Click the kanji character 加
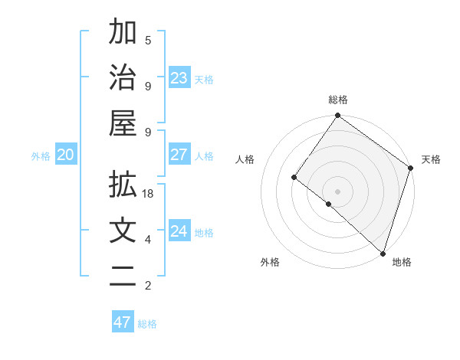pyautogui.click(x=123, y=33)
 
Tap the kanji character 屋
pyautogui.click(x=123, y=123)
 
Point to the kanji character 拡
pyautogui.click(x=123, y=186)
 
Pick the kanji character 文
pyautogui.click(x=123, y=231)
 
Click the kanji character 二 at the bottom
pyautogui.click(x=123, y=278)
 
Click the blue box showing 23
pyautogui.click(x=179, y=78)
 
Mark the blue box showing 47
pyautogui.click(x=123, y=322)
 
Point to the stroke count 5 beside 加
pyautogui.click(x=148, y=40)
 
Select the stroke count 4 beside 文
pyautogui.click(x=148, y=240)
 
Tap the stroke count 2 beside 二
pyautogui.click(x=148, y=286)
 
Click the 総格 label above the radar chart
pyautogui.click(x=338, y=100)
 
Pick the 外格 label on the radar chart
pyautogui.click(x=270, y=262)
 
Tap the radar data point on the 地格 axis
pyautogui.click(x=382, y=253)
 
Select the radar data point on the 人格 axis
pyautogui.click(x=294, y=178)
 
